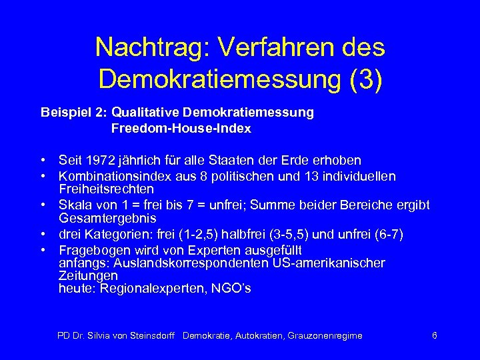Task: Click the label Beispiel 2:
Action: [74, 113]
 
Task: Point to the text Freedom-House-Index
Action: [181, 129]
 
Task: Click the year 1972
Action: [99, 161]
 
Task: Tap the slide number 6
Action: [435, 335]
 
